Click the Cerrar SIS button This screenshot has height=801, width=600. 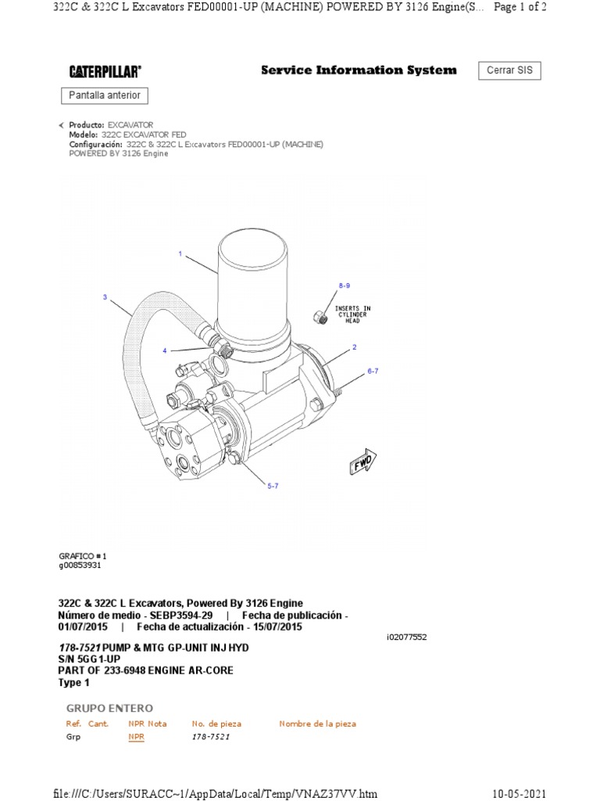pos(509,70)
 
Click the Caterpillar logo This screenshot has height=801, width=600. pos(105,72)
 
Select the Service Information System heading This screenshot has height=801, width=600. pos(359,70)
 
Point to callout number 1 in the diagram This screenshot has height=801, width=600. pos(180,254)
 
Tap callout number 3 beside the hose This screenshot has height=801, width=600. pos(105,297)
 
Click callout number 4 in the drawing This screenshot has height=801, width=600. pos(165,350)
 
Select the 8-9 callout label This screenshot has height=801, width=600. pos(345,286)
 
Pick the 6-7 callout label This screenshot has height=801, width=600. pos(373,372)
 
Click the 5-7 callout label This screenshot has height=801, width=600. pos(273,487)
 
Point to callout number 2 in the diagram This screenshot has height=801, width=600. pos(355,347)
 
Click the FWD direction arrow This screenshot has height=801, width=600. pos(362,462)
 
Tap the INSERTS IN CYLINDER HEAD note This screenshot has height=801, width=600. pos(352,314)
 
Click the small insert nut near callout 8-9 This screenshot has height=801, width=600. pos(320,317)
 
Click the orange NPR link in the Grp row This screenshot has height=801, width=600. pos(136,737)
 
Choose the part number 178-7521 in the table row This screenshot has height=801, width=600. pos(211,737)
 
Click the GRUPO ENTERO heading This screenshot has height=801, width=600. pos(109,709)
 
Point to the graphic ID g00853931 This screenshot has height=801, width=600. pos(80,566)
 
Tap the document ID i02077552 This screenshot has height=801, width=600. pos(406,637)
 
